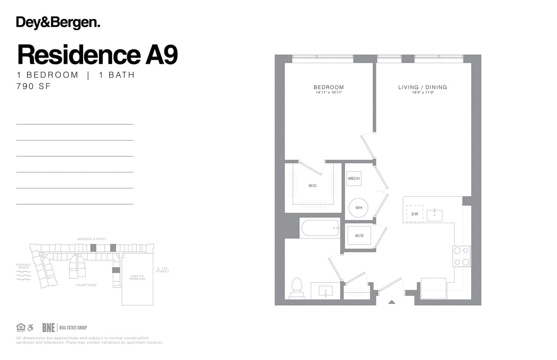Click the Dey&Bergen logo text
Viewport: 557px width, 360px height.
[58, 22]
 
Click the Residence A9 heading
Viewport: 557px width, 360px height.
[97, 55]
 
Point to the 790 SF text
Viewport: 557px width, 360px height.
[34, 87]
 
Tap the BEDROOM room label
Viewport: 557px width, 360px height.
[328, 87]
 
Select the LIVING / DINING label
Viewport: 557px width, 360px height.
[422, 87]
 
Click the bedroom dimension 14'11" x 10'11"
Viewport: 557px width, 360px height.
[328, 92]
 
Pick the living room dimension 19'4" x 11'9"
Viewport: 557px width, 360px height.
[422, 92]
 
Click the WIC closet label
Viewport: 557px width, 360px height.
[313, 185]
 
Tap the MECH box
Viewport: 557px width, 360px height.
[354, 179]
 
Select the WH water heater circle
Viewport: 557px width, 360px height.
[358, 208]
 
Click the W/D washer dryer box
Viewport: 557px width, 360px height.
[359, 236]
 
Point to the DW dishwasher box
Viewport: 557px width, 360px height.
[415, 214]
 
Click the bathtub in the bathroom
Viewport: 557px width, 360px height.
[320, 227]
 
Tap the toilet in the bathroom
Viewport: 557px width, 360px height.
[297, 287]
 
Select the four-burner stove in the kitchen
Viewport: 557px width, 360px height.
[461, 256]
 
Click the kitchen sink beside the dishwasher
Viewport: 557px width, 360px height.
[434, 215]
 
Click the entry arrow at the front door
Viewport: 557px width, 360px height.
[391, 302]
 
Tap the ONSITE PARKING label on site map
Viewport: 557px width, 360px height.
[137, 278]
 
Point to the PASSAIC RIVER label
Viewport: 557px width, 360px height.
[24, 266]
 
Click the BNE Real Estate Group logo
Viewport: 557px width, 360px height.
[65, 328]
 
